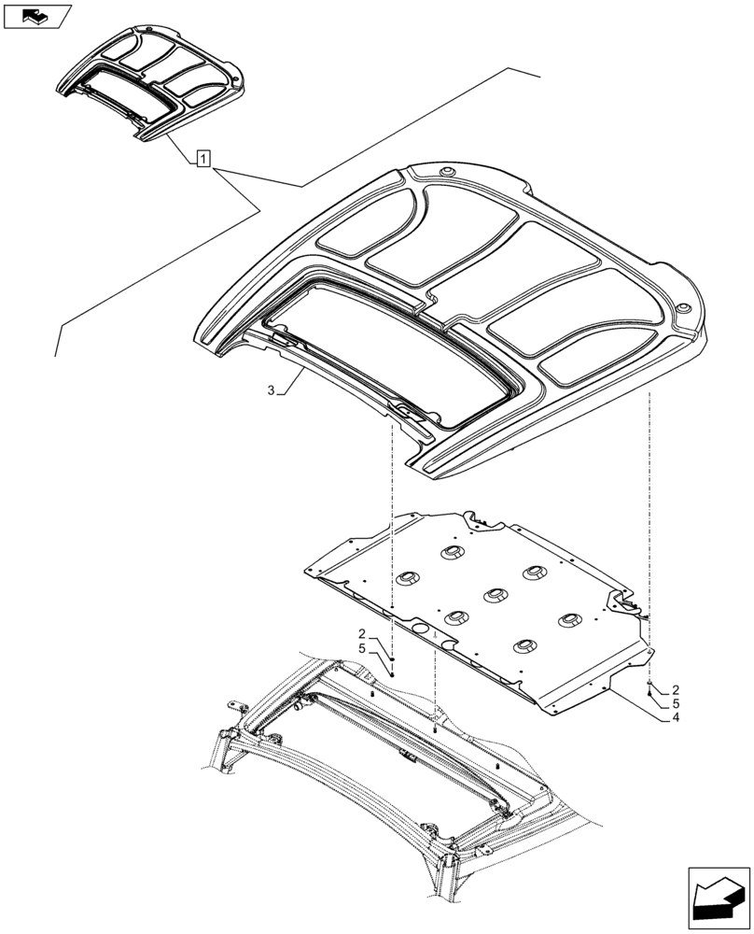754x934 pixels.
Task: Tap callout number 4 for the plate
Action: click(x=674, y=719)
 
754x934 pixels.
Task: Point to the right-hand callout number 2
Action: click(x=674, y=688)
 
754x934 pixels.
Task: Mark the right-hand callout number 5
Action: click(x=674, y=703)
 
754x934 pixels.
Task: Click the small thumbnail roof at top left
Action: click(x=154, y=80)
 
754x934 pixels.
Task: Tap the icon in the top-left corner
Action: click(x=36, y=16)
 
